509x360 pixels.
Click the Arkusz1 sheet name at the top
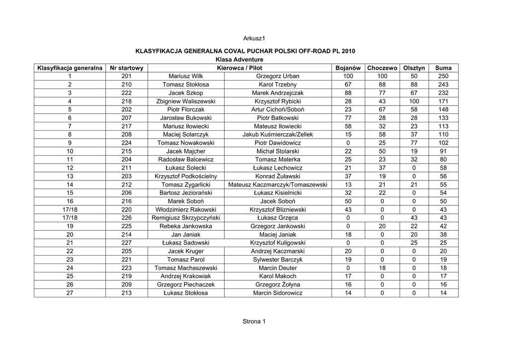(254, 38)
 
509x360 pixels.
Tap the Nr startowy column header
(127, 68)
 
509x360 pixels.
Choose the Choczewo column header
(382, 68)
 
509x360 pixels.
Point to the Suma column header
(443, 68)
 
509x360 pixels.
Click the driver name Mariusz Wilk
(186, 76)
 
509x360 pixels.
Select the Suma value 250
(443, 76)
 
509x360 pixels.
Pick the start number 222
(127, 93)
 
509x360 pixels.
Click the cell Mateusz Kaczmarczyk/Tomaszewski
(277, 184)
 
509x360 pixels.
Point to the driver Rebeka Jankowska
(186, 226)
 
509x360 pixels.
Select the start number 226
(127, 218)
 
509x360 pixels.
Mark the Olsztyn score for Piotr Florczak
(414, 109)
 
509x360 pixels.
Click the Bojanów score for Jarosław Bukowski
(348, 118)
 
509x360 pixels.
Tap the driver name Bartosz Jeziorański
(186, 193)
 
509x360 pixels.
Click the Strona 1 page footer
(254, 321)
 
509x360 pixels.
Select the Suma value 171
(443, 101)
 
